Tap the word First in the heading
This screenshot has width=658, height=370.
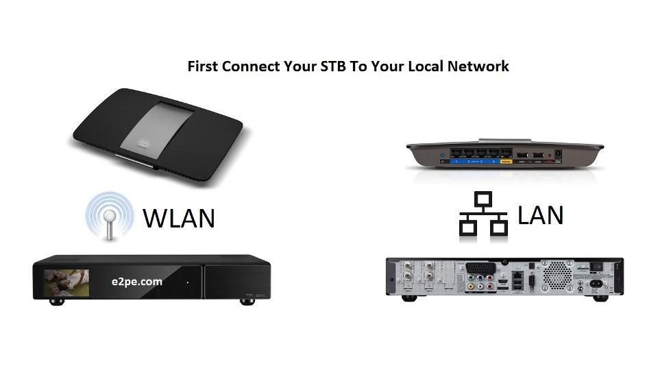coord(204,66)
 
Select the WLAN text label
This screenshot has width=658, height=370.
coord(179,218)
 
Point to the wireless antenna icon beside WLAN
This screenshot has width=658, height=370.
coord(109,215)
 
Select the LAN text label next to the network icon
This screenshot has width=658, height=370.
coord(540,214)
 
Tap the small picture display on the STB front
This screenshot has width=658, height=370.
coord(67,281)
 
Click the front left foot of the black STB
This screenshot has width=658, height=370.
coord(57,301)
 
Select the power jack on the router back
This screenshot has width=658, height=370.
coord(557,154)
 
